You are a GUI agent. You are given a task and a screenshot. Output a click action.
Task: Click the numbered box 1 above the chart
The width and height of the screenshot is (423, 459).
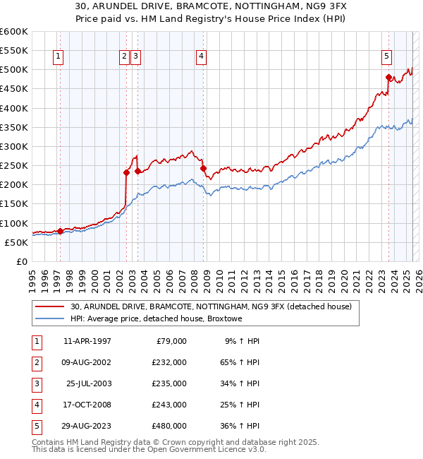pos(57,57)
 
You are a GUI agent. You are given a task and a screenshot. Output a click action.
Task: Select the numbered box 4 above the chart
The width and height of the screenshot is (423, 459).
pos(201,57)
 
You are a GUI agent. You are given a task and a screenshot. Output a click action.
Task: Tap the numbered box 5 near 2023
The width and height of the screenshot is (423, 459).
pos(387,57)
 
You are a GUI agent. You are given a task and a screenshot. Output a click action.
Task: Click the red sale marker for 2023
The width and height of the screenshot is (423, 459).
pos(388,77)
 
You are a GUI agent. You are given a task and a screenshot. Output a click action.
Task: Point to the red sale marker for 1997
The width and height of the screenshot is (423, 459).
pos(60,231)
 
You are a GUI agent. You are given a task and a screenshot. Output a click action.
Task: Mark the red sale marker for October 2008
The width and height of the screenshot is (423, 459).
pos(203,168)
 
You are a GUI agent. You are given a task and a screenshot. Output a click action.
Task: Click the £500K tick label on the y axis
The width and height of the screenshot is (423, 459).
pos(14,70)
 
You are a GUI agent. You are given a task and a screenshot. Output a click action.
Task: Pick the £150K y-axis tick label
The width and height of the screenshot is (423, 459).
pos(14,204)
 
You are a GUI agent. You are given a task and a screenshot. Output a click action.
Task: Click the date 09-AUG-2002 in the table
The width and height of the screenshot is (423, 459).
pos(87,362)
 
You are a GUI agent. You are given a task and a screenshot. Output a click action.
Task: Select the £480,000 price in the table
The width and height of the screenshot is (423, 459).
pos(169,426)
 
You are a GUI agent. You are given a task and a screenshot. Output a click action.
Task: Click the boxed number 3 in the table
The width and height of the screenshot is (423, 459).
pos(35,383)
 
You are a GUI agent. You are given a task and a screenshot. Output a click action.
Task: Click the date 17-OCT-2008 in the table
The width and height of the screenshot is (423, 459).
pos(87,405)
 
